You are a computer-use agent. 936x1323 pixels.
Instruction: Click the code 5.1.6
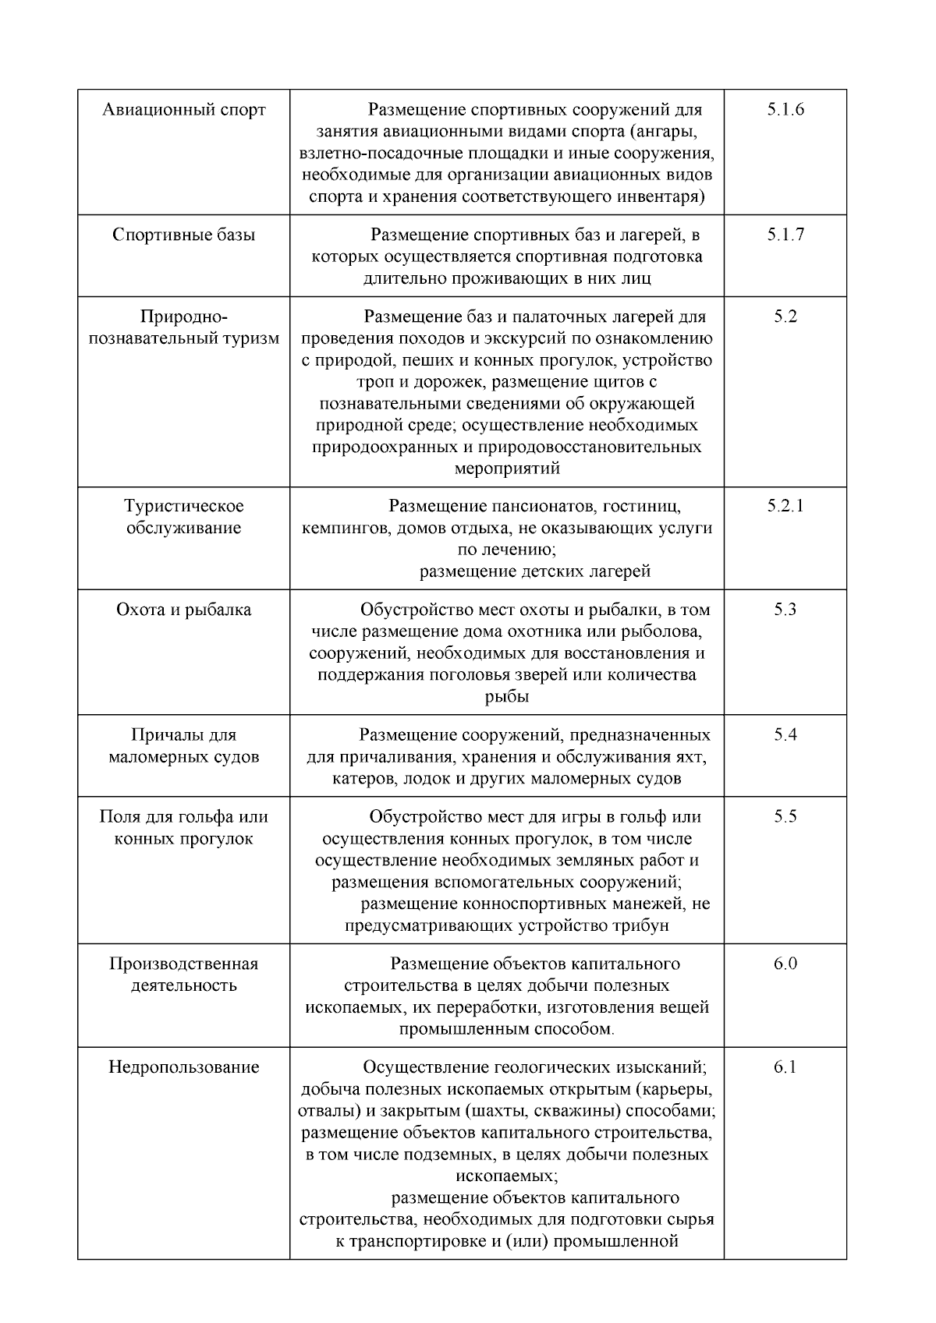pos(785,110)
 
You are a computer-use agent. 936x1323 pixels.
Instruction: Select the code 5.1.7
pos(785,235)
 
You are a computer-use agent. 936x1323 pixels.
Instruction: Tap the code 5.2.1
pos(785,506)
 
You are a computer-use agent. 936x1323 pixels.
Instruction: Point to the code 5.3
pos(785,610)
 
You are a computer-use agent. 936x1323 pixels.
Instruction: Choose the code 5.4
pos(785,735)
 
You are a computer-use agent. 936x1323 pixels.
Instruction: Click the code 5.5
pos(785,817)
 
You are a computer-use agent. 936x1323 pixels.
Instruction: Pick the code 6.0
pos(785,964)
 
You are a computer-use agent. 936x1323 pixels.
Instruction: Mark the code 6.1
pos(785,1067)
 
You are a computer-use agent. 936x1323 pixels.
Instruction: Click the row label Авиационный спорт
pos(184,110)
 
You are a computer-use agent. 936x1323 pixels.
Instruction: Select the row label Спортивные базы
pos(184,235)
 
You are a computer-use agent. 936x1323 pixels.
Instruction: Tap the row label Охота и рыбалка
pos(184,610)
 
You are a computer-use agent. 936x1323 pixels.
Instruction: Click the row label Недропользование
pos(184,1067)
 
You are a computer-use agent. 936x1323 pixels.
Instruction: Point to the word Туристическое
pos(184,506)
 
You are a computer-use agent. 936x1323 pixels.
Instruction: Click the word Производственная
pos(184,964)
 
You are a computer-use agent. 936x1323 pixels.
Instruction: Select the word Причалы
pos(161,735)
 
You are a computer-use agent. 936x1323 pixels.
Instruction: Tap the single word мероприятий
pos(507,469)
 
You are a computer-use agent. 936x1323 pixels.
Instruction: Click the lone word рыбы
pos(507,697)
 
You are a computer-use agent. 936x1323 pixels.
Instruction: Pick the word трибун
pos(636,926)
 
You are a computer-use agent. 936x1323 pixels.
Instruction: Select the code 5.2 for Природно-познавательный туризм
pos(785,317)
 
